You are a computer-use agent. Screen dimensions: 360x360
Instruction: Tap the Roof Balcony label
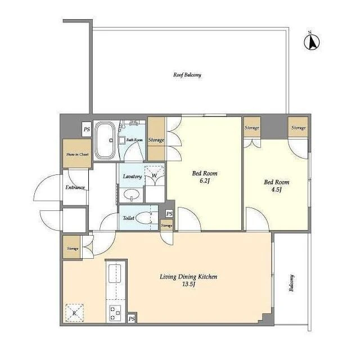187,75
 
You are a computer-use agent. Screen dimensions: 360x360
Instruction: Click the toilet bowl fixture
143,218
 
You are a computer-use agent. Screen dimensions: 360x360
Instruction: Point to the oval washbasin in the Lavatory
132,195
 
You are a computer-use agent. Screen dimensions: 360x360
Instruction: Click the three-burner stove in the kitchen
115,313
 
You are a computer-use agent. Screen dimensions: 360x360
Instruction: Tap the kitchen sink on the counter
115,273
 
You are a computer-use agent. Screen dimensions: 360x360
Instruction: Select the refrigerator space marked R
74,313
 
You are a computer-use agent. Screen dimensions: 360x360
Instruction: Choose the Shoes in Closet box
77,154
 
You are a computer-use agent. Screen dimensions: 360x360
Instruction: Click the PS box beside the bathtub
87,129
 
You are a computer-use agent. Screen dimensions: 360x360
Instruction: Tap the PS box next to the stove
132,319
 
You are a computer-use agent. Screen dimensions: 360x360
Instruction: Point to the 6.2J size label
204,181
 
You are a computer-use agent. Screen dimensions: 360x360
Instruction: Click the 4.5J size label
276,190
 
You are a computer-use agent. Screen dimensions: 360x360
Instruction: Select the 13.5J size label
188,284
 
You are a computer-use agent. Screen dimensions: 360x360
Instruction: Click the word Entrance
75,187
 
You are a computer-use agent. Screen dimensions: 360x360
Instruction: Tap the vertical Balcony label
291,283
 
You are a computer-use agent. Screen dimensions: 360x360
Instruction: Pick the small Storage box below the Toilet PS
166,226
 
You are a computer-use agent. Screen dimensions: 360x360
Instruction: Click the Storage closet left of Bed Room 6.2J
156,139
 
